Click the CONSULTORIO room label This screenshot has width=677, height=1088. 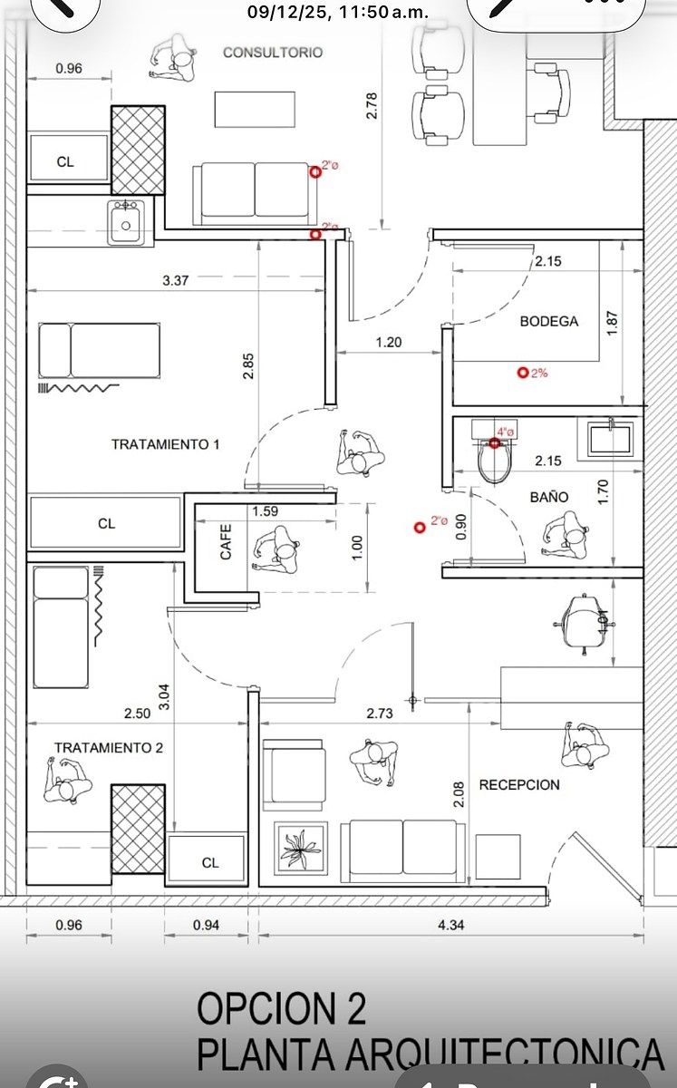pos(273,53)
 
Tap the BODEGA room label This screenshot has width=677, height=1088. pos(548,321)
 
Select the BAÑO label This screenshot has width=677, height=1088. pos(549,497)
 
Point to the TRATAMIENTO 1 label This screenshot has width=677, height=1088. pos(166,444)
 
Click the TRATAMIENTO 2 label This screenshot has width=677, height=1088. pos(109,748)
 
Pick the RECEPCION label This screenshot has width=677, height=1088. pos(519,784)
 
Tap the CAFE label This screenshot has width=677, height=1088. pos(226,541)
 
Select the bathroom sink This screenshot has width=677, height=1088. pos(610,440)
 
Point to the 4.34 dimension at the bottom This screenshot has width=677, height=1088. pos(451,926)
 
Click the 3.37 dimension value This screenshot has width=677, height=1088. pos(175,281)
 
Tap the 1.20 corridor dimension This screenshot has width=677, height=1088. pos(389,343)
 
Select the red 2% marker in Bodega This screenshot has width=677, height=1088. pos(523,372)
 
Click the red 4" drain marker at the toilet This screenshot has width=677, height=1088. pos(495,442)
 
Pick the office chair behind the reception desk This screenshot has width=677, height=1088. pos(583,622)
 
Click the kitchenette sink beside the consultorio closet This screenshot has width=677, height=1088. pos(125,222)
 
